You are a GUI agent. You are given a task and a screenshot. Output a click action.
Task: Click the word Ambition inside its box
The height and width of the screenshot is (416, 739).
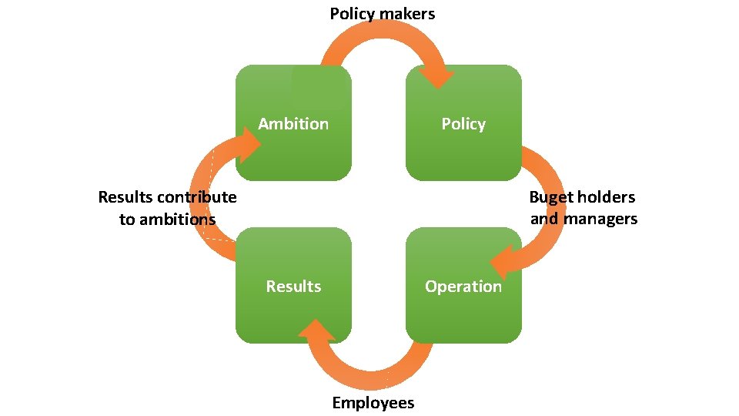(293, 124)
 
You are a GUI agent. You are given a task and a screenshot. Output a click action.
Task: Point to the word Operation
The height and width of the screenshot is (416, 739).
(463, 287)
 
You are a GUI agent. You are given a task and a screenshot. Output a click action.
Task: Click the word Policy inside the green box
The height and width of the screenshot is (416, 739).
(463, 124)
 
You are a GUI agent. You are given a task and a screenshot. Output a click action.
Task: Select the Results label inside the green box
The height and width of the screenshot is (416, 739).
(293, 287)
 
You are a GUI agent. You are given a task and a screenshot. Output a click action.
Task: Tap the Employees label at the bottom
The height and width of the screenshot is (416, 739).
(373, 403)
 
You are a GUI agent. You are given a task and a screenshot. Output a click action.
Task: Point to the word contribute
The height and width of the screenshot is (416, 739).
(197, 197)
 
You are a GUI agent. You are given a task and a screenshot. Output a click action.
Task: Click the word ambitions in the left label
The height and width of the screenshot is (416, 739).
(179, 220)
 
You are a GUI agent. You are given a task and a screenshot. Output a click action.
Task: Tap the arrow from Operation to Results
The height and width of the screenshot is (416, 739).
(369, 370)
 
